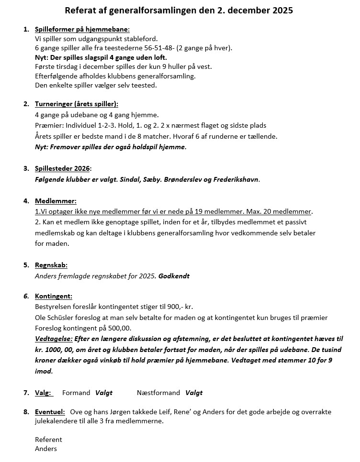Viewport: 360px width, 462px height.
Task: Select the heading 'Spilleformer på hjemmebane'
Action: click(x=82, y=29)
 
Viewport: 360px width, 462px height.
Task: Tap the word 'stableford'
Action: click(x=140, y=39)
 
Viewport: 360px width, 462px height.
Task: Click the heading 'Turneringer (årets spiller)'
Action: click(x=77, y=104)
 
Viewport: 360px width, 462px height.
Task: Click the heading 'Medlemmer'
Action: click(x=56, y=201)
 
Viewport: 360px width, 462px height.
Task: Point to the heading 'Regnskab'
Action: click(x=51, y=265)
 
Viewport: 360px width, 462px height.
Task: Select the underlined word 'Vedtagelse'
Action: click(x=54, y=339)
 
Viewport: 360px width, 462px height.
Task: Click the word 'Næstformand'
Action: click(x=158, y=393)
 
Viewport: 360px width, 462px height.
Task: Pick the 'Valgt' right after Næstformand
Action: click(x=194, y=393)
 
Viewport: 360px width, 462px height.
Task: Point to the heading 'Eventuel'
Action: click(x=50, y=412)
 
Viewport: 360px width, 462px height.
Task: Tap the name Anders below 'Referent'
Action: click(x=46, y=449)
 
